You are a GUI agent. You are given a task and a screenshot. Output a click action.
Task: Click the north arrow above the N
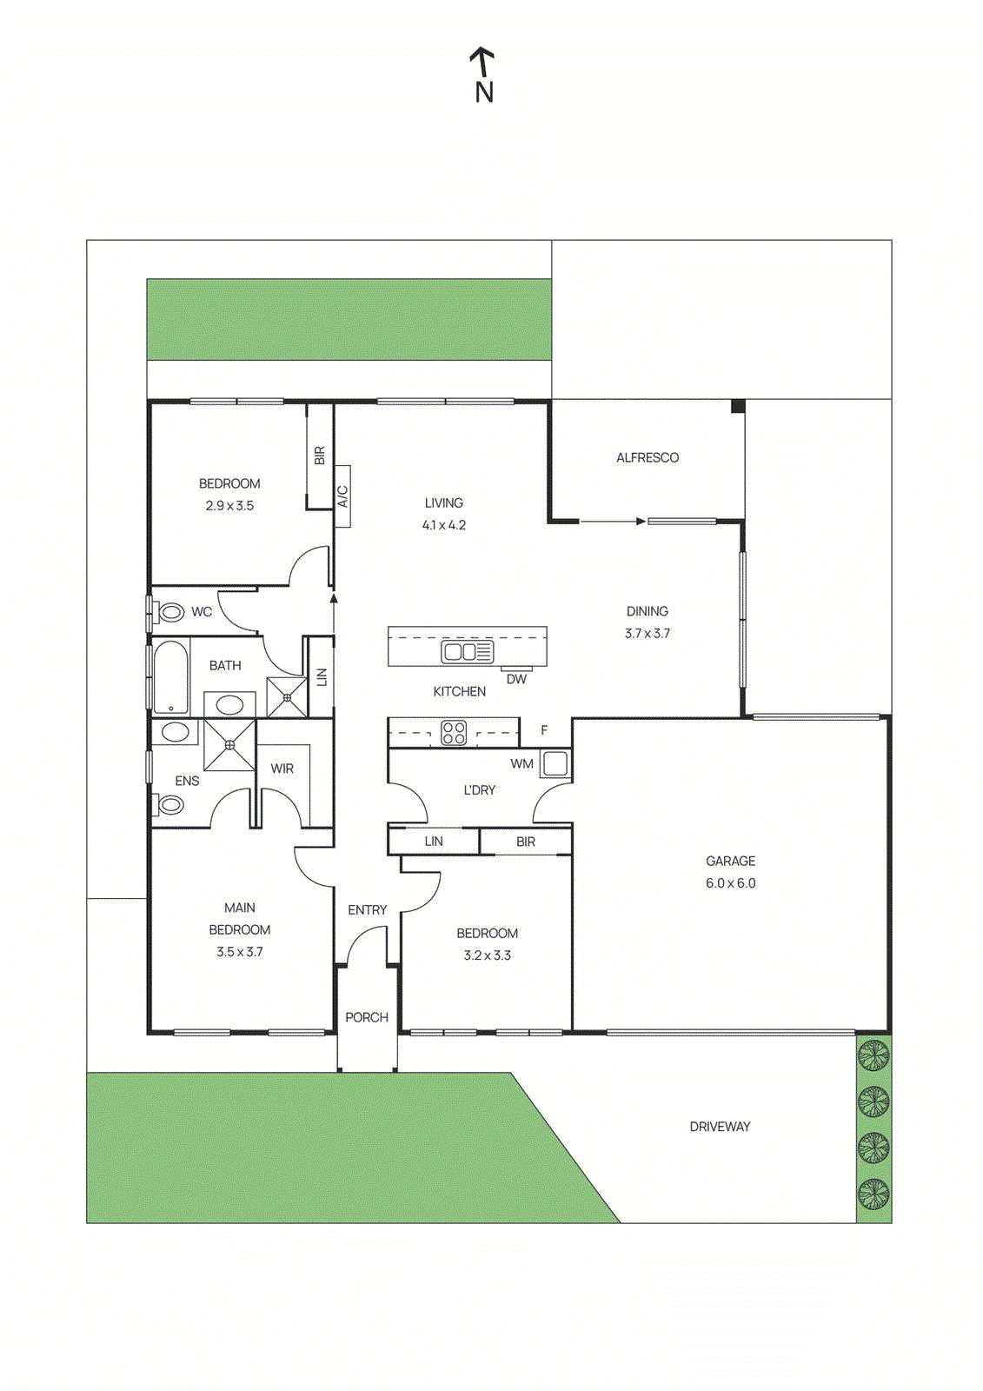(x=482, y=61)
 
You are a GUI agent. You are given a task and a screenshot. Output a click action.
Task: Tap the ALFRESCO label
(x=648, y=457)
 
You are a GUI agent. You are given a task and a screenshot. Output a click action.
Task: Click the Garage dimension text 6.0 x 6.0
(x=730, y=883)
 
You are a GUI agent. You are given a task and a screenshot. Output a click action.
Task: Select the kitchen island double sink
(x=468, y=651)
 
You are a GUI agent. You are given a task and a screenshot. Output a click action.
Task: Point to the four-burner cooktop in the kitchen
(x=454, y=733)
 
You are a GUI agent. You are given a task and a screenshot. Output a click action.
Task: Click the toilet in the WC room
(x=171, y=612)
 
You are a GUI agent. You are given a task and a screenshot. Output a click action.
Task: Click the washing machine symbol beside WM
(x=555, y=764)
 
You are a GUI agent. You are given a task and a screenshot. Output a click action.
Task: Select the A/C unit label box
(x=342, y=496)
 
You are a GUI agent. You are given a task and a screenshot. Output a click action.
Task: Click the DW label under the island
(x=516, y=679)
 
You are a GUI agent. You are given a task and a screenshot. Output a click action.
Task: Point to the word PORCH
(x=367, y=1017)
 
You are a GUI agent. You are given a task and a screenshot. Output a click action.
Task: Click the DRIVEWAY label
(x=720, y=1127)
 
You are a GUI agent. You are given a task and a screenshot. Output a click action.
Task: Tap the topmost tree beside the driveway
(x=873, y=1055)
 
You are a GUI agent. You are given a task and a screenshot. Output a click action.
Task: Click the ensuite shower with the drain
(x=229, y=745)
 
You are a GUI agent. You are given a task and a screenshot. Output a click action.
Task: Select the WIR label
(x=282, y=769)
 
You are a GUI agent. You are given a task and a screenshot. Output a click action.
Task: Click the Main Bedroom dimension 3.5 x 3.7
(x=240, y=952)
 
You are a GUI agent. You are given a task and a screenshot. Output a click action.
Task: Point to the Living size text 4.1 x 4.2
(x=444, y=525)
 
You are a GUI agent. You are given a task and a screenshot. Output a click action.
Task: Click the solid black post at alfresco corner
(x=738, y=406)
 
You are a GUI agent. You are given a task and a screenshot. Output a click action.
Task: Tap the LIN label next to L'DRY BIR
(x=434, y=842)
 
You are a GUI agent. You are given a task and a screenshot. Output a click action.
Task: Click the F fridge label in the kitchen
(x=544, y=730)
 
